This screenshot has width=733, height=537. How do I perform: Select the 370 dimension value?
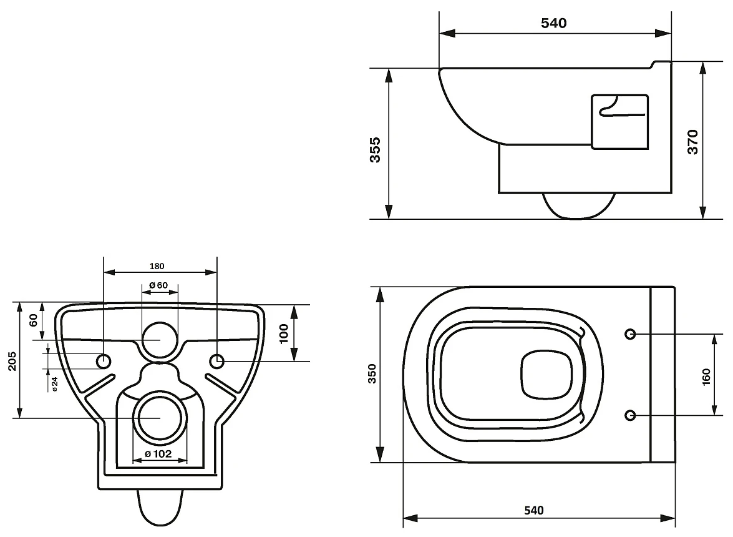(x=692, y=142)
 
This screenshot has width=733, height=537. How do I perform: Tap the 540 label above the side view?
(x=553, y=23)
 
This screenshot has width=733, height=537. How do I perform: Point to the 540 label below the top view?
(x=533, y=510)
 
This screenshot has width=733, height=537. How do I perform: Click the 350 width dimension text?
(x=373, y=373)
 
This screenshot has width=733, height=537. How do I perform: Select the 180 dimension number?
(x=157, y=266)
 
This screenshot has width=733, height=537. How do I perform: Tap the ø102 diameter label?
(x=158, y=454)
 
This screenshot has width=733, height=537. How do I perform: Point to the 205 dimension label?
(x=12, y=361)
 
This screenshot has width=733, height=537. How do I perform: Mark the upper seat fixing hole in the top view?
(x=631, y=334)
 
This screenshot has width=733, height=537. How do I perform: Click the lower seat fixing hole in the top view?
(x=631, y=415)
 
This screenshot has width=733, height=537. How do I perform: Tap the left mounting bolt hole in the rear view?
(x=104, y=360)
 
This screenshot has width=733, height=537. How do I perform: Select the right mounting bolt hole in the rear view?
(x=217, y=360)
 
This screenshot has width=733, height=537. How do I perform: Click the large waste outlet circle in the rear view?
(x=160, y=418)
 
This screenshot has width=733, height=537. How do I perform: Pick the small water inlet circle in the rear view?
(x=160, y=340)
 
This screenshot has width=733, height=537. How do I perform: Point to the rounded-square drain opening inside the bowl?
(x=546, y=375)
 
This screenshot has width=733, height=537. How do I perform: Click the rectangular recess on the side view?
(x=619, y=122)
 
